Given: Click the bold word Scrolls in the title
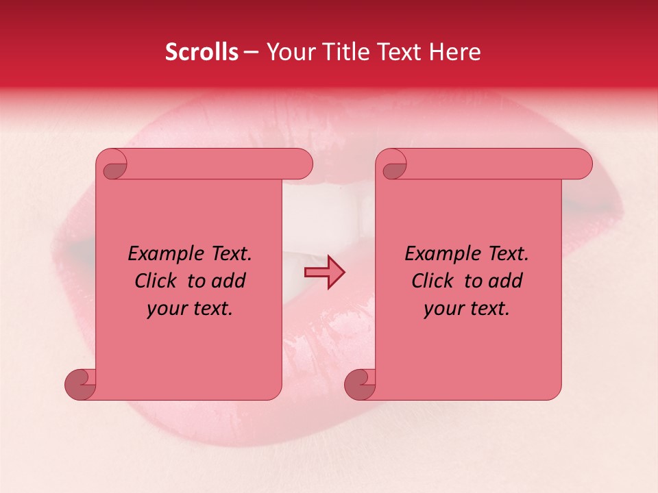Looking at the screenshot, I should point(202,52).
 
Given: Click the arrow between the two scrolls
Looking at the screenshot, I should point(324,273).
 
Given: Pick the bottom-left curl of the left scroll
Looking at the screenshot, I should point(80,385).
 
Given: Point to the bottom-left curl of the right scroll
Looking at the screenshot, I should point(360,385).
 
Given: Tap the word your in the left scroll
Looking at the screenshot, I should point(167,309).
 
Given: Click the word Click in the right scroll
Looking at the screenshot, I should point(434,281).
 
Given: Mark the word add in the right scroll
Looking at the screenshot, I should point(506,281).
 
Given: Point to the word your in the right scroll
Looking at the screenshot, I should point(444,309).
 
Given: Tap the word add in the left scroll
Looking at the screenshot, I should point(229,281).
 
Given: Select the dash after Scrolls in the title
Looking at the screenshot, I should point(251,53).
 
